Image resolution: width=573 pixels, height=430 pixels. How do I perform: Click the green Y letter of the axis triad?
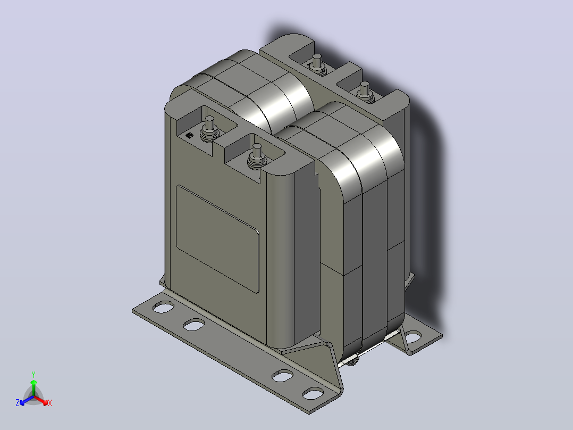tap(33, 374)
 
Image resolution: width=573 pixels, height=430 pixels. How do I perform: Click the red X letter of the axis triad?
tap(50, 403)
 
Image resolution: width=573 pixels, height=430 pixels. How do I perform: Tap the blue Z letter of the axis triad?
tap(18, 402)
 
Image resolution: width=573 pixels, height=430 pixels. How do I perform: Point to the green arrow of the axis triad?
tap(33, 388)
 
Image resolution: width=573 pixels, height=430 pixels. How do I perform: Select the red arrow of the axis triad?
tap(41, 400)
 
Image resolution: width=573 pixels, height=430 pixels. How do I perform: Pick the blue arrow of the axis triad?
tap(27, 400)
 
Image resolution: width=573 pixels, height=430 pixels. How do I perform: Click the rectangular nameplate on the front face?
tap(217, 239)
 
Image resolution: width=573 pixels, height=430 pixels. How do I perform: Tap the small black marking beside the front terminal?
tap(189, 136)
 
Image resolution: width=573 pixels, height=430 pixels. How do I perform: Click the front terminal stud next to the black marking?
tap(209, 129)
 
